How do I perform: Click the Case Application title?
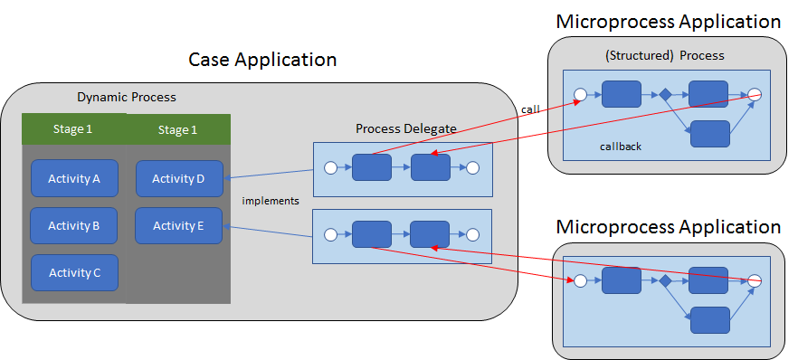[x=262, y=60]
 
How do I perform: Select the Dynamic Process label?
[x=126, y=98]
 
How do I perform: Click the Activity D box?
[x=178, y=178]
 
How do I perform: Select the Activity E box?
[x=178, y=225]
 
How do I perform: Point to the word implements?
[x=271, y=200]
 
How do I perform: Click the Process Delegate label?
[x=405, y=128]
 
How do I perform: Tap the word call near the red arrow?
[x=530, y=109]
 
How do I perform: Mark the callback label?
[x=621, y=146]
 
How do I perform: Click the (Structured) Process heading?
[x=664, y=55]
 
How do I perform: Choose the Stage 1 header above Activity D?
[x=178, y=129]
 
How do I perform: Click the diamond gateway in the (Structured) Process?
[x=665, y=94]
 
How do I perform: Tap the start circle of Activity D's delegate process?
[x=330, y=167]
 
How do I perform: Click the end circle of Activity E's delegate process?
[x=472, y=235]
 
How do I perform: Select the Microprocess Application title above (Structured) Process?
[x=668, y=21]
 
